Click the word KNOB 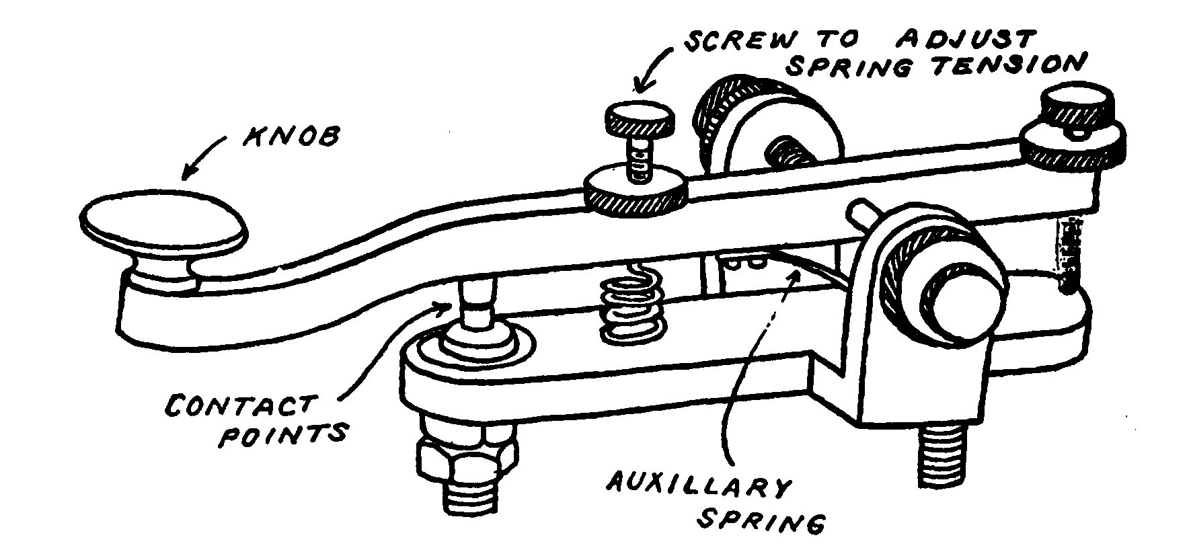pos(290,139)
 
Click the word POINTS pos(283,434)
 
